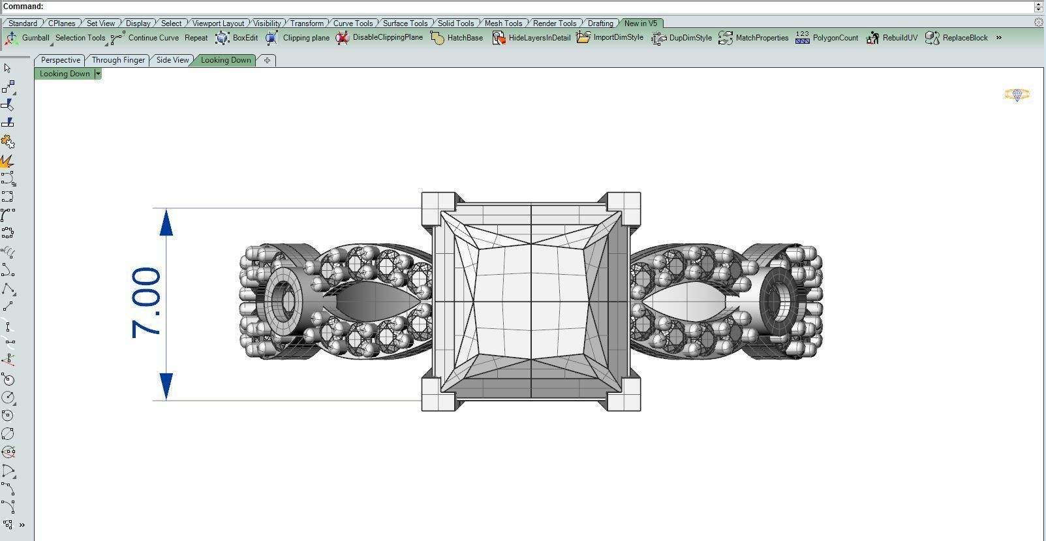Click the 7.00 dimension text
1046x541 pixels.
click(146, 302)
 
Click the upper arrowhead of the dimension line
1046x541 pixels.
click(166, 223)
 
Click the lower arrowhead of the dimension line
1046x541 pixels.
click(166, 386)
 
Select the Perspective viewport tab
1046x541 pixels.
click(60, 60)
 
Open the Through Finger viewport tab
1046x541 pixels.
click(118, 60)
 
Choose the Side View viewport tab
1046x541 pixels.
click(172, 60)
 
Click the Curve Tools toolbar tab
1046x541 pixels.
click(352, 23)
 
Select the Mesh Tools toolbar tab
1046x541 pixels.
click(502, 23)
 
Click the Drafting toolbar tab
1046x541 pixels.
click(600, 23)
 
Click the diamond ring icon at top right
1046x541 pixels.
click(1017, 95)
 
